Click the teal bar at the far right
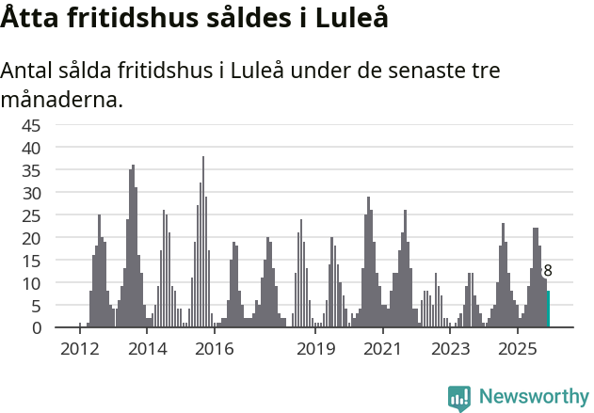point(548,310)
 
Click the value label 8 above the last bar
point(548,271)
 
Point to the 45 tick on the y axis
point(31,125)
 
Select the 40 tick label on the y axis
point(31,148)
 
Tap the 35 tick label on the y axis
point(31,170)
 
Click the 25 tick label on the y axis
point(31,215)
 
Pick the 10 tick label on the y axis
point(31,283)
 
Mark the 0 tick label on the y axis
point(36,328)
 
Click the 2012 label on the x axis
point(79,350)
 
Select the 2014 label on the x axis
point(147,350)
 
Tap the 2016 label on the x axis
point(215,350)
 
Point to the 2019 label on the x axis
point(315,350)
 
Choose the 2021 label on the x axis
point(382,350)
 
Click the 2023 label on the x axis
point(450,350)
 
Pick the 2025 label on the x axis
point(517,350)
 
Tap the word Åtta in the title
point(31,19)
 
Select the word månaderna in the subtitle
point(62,99)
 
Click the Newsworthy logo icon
point(459,398)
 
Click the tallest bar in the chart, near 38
point(203,242)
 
